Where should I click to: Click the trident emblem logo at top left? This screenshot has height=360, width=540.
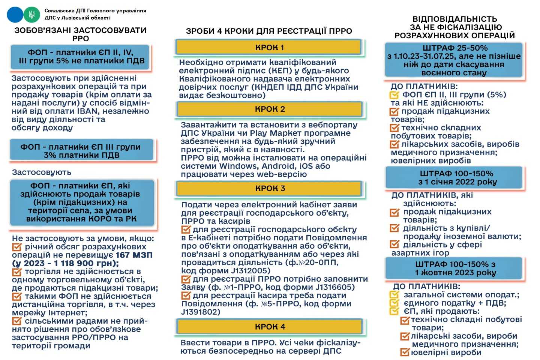(x=31, y=15)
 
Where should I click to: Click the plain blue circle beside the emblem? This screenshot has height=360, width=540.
(x=15, y=15)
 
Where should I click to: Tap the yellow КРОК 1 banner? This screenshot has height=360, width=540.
(x=269, y=48)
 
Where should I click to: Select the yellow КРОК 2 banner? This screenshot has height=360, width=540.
(x=270, y=109)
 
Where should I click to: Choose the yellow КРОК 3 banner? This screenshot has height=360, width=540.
(x=270, y=188)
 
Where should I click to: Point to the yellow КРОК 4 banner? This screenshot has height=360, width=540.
(x=270, y=327)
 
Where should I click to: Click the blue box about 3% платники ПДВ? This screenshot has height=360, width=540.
(x=81, y=151)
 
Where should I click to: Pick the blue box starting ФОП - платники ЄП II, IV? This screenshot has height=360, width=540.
(x=81, y=57)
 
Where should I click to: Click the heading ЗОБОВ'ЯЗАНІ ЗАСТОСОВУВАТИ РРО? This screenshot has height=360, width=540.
(x=80, y=34)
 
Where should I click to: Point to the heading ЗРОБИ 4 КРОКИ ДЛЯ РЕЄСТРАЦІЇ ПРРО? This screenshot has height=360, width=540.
(x=269, y=31)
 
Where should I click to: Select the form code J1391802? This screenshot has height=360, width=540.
(x=201, y=312)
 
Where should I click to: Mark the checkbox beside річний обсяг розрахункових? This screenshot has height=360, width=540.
(x=17, y=247)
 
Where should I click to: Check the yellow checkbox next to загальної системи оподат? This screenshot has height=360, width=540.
(x=394, y=295)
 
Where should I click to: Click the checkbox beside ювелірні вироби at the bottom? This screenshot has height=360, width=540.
(x=405, y=352)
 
